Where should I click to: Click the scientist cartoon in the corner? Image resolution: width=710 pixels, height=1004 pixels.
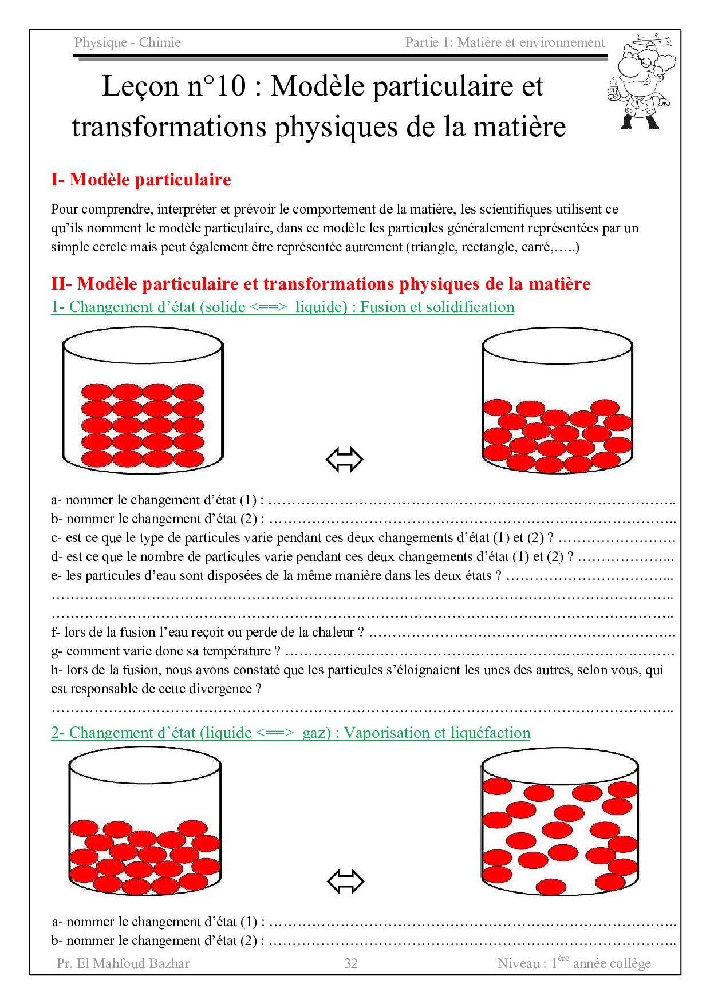coord(641,81)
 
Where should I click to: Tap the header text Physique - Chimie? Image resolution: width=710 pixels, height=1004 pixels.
coord(127,42)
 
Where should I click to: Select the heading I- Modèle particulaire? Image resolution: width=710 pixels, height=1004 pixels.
coord(141,180)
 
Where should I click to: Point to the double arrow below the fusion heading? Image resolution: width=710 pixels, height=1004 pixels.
coord(345,460)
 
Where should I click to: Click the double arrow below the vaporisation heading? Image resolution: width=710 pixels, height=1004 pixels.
coord(345,881)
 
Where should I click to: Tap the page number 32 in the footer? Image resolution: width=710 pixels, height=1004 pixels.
coord(351,963)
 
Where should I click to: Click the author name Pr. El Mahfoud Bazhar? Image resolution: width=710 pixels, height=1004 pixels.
coord(123,963)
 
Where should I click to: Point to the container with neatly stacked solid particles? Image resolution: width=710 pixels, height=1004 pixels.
coord(143,401)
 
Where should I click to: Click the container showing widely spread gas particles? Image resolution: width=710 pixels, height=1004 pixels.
coord(559,821)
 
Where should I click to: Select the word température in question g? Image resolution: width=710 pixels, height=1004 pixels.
coord(236,651)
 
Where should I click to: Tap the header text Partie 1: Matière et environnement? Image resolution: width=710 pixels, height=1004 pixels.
coord(504,42)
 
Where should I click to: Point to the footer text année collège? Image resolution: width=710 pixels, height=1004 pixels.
coord(612,963)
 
